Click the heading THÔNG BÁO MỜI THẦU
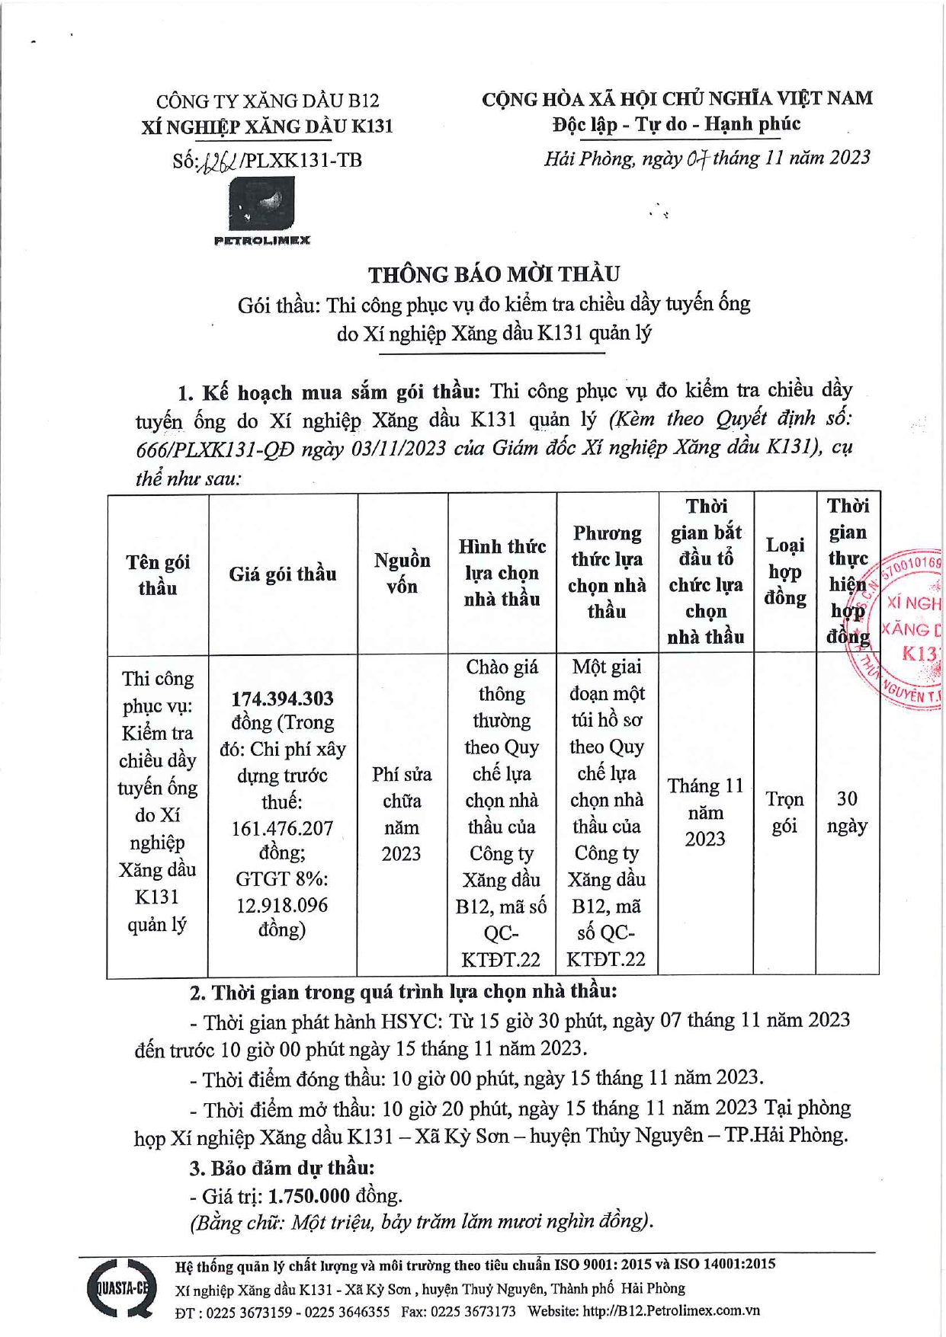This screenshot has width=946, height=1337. [494, 274]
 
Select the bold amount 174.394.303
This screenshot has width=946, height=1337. [282, 699]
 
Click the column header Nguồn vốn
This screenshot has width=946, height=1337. [402, 573]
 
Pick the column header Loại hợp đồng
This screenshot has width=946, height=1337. [785, 571]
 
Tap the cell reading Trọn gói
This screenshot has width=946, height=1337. [784, 812]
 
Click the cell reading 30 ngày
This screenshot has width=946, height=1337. [847, 812]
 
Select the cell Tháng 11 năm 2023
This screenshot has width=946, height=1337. [705, 812]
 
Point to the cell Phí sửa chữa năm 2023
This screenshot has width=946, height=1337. [402, 814]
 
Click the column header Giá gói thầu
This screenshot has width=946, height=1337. [283, 574]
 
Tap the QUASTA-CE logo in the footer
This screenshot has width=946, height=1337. [120, 1288]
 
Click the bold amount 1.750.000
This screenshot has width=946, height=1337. [309, 1196]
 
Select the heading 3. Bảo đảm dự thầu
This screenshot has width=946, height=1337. [281, 1167]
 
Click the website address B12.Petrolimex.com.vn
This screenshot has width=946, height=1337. [671, 1311]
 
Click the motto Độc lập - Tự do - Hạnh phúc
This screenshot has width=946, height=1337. [676, 124]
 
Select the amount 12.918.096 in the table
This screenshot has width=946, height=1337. [282, 905]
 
